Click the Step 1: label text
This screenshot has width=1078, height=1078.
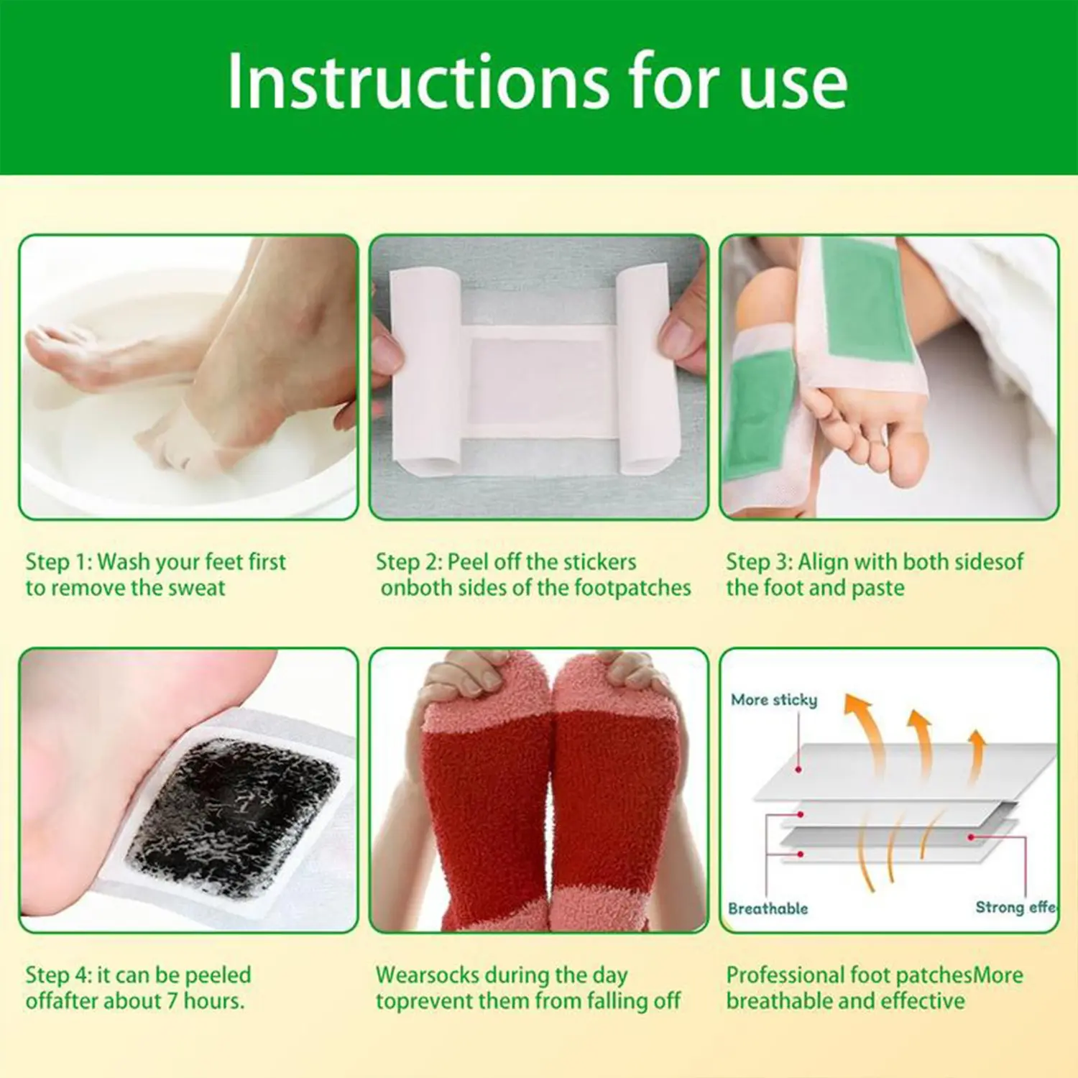coord(58,561)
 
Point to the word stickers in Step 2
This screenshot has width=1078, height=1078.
coord(600,561)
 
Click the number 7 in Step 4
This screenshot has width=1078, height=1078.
coord(172,1000)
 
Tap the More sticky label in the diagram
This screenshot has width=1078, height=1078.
coord(774,700)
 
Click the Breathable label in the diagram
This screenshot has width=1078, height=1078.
coord(768,908)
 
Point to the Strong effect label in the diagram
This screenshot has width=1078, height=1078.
coord(1015,907)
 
